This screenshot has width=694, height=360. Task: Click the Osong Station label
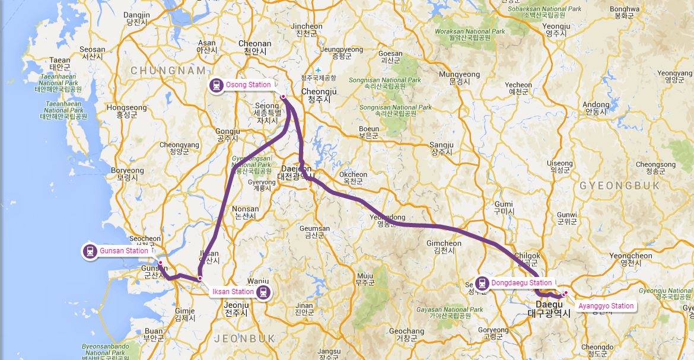pos(248,85)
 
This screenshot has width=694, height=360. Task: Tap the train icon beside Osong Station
pos(217,85)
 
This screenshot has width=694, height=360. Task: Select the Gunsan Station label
pos(123,251)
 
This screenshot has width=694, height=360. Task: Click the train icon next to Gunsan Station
pos(90,251)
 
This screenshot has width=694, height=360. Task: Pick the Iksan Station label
pos(234,292)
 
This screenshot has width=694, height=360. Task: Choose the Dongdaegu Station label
pos(521,283)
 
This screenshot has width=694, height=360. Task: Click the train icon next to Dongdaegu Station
pos(483,283)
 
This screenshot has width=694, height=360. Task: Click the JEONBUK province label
pos(243,338)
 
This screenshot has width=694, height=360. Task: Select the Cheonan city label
pos(254,44)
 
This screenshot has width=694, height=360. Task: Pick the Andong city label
pos(596,105)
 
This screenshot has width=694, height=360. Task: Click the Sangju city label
pos(441,145)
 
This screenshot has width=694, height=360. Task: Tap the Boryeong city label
pos(127,171)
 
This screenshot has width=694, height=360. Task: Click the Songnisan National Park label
pos(385,80)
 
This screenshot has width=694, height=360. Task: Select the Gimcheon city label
pos(444,244)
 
